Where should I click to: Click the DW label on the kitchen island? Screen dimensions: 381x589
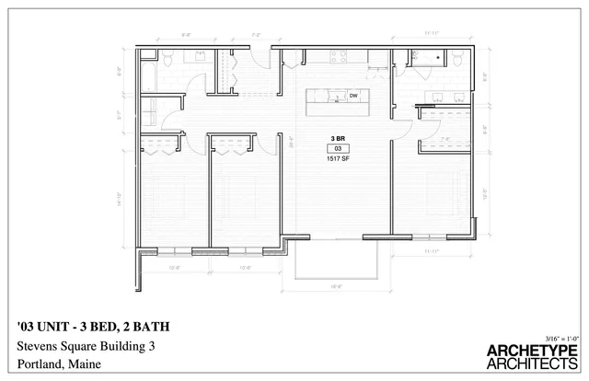point(352,95)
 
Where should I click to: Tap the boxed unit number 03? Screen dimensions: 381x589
point(338,148)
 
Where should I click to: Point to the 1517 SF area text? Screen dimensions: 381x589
point(338,158)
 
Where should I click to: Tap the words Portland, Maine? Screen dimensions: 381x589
point(58,364)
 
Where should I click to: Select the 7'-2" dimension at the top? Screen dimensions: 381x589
point(257,35)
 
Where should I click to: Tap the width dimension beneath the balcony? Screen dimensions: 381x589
point(336,286)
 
